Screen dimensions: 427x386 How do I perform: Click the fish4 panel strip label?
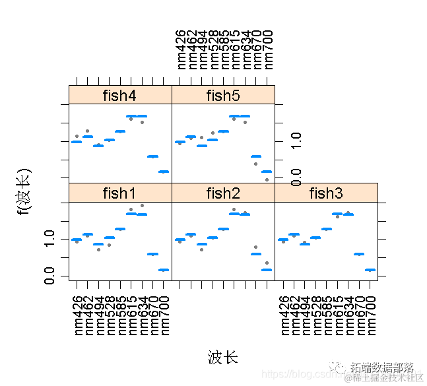click(119, 95)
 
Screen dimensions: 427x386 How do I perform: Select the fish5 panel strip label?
click(223, 95)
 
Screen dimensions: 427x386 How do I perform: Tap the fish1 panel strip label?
click(119, 193)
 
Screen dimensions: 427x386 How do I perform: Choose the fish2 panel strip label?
click(223, 193)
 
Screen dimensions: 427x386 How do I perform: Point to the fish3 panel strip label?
click(326, 193)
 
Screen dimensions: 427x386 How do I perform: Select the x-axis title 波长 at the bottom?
click(222, 358)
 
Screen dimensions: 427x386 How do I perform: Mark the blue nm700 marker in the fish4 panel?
click(164, 172)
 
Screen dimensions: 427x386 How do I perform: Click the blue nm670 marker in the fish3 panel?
click(359, 254)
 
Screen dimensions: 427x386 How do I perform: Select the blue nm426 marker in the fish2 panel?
click(180, 240)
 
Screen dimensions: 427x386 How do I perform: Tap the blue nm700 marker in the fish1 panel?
click(164, 270)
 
